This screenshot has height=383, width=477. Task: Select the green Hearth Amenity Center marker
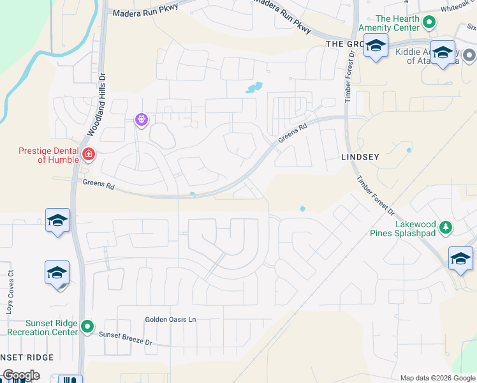point(430,23)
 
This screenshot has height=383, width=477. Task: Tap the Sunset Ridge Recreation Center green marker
point(87,328)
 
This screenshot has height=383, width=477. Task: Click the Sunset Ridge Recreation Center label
point(42,328)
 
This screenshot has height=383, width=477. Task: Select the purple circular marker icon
point(141,119)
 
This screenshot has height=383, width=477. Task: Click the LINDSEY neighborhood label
point(360,156)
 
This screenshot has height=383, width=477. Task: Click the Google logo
point(20,375)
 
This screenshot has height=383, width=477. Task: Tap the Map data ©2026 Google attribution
point(437,378)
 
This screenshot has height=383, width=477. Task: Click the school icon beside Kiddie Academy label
point(442,52)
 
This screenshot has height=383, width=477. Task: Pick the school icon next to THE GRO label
point(376,47)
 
